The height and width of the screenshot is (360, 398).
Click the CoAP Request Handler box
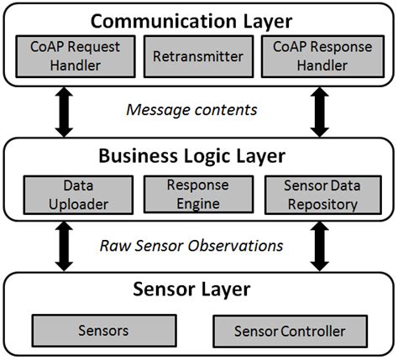pyautogui.click(x=68, y=57)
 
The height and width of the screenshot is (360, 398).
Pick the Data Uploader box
pyautogui.click(x=68, y=193)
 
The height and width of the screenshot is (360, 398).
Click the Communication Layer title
pyautogui.click(x=198, y=19)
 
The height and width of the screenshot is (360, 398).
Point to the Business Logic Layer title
pyautogui.click(x=198, y=156)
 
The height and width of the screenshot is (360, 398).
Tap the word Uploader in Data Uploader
pyautogui.click(x=68, y=202)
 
